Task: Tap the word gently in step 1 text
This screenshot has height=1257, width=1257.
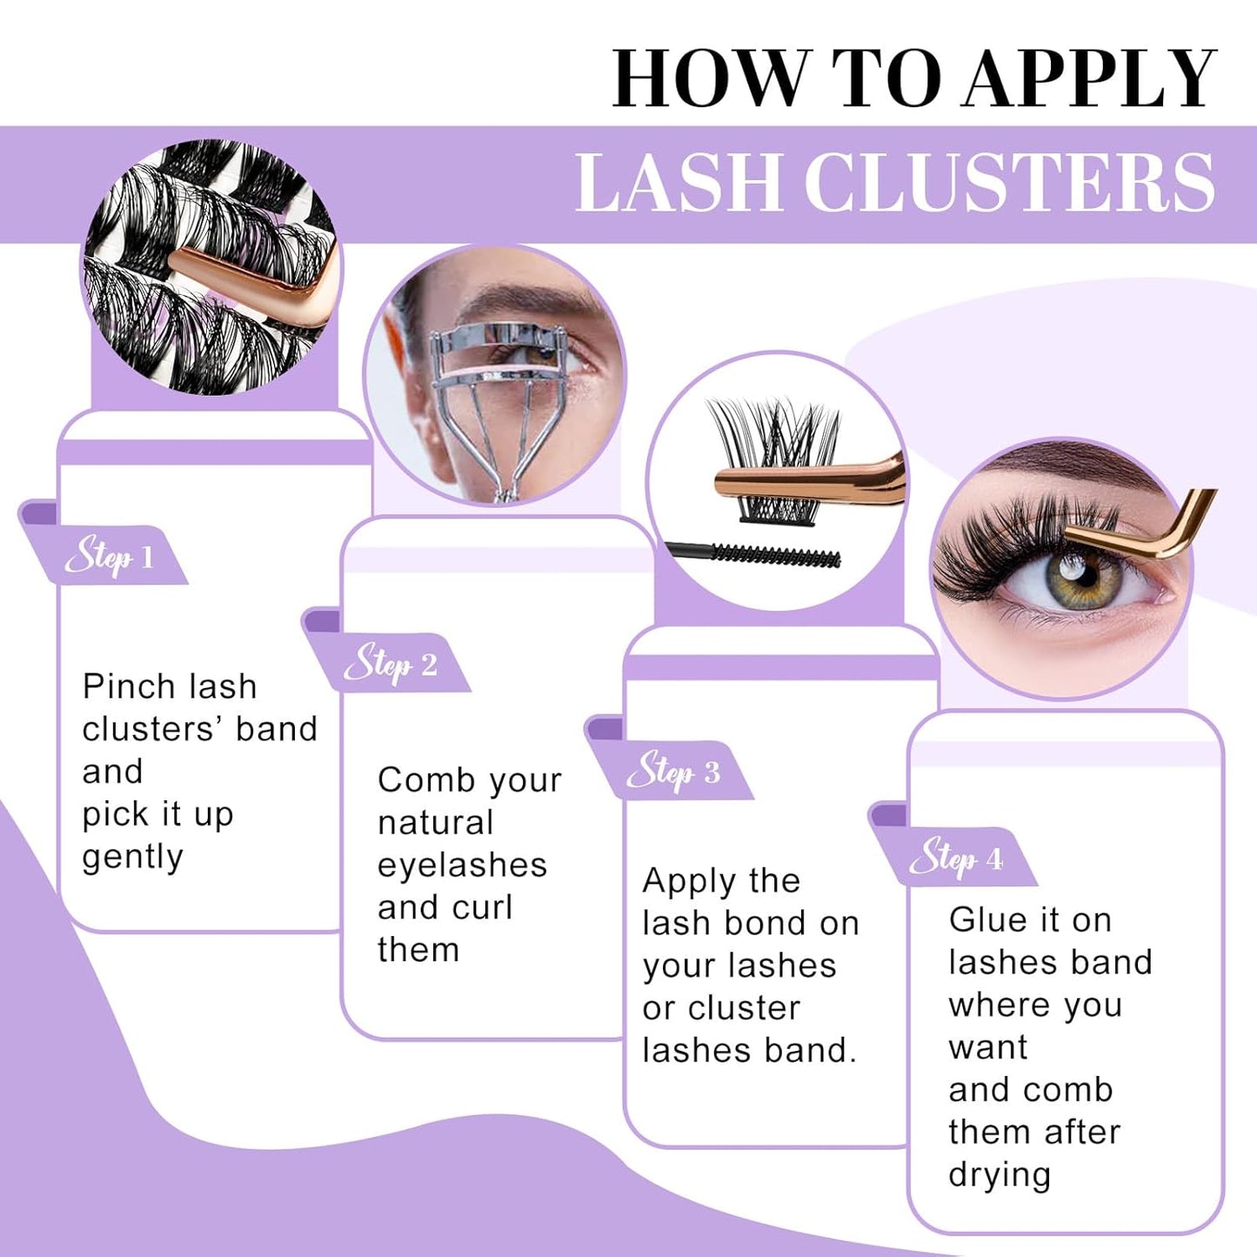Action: pyautogui.click(x=132, y=858)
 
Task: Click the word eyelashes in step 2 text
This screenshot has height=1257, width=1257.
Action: pyautogui.click(x=462, y=866)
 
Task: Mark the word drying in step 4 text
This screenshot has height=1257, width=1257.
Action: pyautogui.click(x=1000, y=1176)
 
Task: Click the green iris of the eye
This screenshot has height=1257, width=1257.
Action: pyautogui.click(x=1079, y=580)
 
